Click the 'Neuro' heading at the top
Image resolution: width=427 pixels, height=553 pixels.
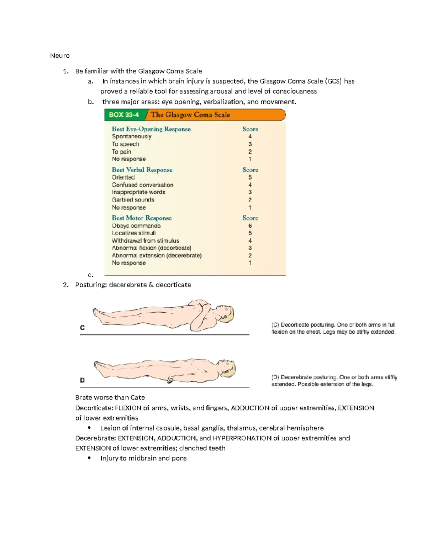[x=60, y=56]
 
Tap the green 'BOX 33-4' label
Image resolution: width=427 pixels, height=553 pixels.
[x=124, y=115]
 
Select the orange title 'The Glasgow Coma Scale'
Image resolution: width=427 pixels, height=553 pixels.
[x=190, y=115]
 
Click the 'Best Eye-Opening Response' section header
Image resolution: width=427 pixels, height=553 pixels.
[x=151, y=129]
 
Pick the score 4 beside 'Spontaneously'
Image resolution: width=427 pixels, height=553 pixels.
[x=250, y=136]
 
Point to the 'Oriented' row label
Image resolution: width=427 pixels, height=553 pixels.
[x=123, y=177]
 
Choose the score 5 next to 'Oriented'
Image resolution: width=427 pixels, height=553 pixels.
[x=250, y=177]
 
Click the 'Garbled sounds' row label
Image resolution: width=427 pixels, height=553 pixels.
[x=133, y=200]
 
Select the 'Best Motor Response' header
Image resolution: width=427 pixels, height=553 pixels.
[x=142, y=218]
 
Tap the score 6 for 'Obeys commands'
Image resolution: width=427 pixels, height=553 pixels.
[x=250, y=226]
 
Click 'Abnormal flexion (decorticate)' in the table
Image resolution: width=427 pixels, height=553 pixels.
[x=152, y=248]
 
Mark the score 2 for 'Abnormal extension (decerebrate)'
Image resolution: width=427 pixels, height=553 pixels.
[x=250, y=255]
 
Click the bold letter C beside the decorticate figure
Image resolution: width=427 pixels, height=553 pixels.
[x=82, y=328]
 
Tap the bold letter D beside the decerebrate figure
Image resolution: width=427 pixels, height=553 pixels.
[x=82, y=380]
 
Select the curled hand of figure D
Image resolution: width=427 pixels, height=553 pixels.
[x=170, y=380]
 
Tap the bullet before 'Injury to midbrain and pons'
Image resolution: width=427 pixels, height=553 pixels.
[x=89, y=458]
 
